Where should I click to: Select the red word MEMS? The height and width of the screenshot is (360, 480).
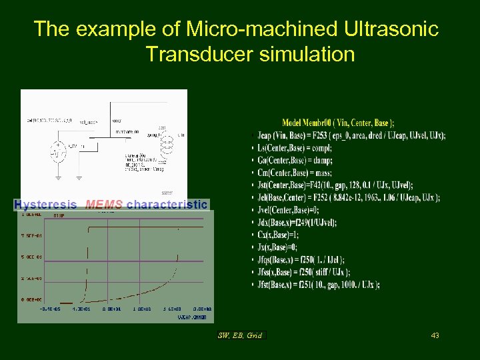coord(103,204)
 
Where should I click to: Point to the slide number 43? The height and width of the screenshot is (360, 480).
coord(435,335)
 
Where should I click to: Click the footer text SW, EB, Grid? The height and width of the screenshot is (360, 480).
coord(241,335)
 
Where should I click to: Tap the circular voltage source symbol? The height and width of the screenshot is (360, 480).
coord(58,153)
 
